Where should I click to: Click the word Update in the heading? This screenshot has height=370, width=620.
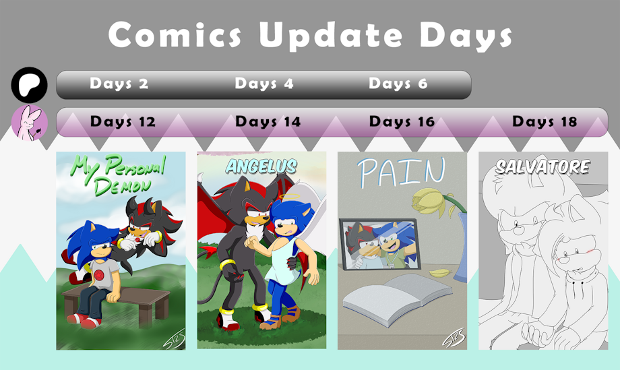331,35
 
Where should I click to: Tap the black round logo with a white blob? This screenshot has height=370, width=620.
29,85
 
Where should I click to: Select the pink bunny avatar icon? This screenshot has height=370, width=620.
29,123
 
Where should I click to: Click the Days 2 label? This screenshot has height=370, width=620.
119,84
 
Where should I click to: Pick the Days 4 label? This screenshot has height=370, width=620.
264,84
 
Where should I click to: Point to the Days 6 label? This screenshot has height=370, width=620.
398,84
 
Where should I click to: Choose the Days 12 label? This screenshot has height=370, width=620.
123,121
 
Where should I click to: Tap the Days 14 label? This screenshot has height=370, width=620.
268,121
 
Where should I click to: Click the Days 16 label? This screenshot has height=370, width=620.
402,121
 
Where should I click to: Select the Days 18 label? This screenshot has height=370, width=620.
545,121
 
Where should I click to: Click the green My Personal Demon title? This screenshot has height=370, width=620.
119,175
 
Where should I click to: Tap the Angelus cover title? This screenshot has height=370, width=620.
261,166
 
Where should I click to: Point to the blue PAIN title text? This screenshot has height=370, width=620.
401,172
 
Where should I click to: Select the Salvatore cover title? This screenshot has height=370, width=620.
543,167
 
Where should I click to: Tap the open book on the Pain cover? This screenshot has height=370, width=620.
398,299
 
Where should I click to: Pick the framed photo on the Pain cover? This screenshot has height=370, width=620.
379,244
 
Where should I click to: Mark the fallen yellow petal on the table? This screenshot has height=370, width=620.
439,272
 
